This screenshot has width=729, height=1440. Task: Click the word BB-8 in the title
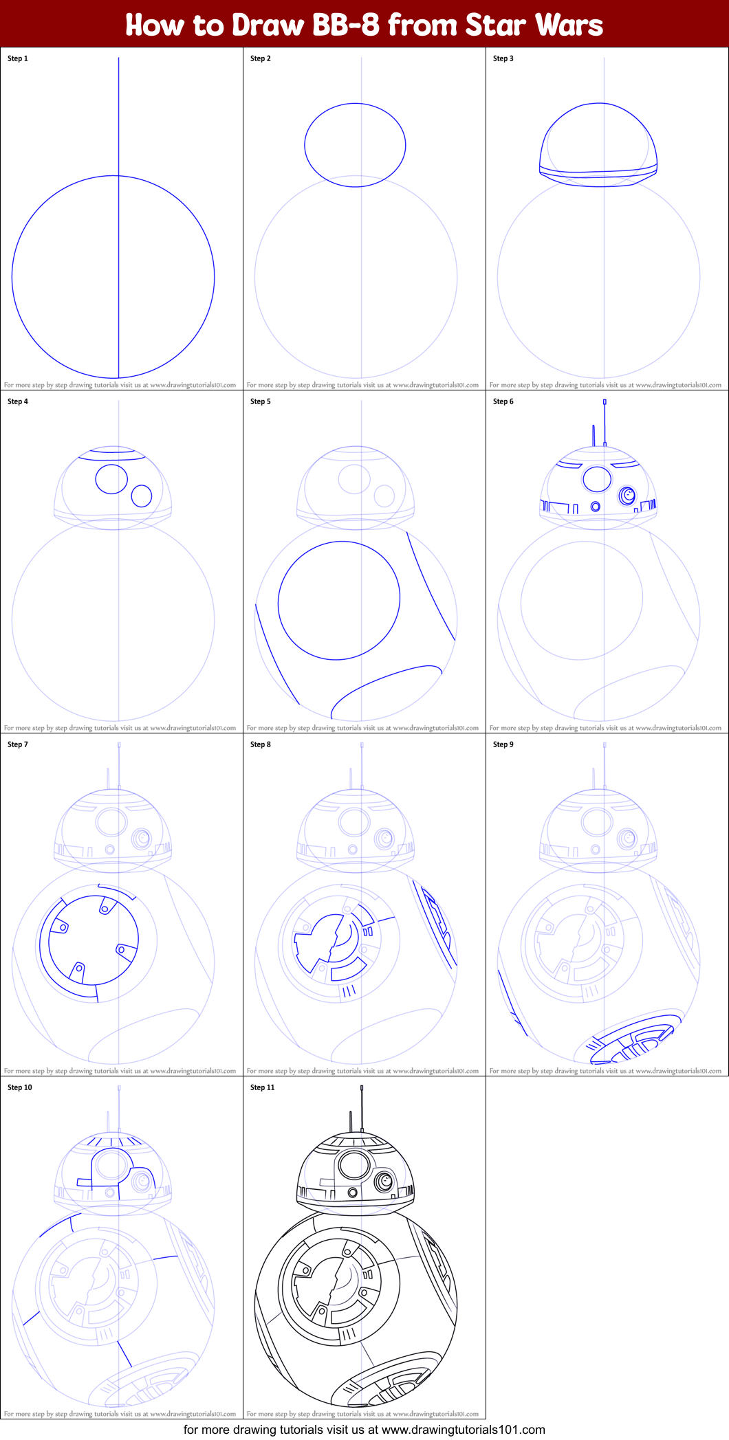346,25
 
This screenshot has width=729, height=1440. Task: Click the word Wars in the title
569,25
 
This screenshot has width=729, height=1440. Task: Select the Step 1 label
18,58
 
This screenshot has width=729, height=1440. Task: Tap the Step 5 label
261,401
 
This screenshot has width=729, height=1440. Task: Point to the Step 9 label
503,744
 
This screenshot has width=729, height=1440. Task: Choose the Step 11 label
263,1087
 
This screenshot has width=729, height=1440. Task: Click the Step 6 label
503,401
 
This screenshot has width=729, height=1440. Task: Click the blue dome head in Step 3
598,104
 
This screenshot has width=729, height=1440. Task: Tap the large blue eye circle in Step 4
111,465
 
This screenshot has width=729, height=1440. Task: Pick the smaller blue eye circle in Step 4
142,485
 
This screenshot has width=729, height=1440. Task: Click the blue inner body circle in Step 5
339,542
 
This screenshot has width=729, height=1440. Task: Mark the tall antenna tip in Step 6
605,401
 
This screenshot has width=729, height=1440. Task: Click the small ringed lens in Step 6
627,495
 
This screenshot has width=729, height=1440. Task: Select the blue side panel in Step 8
438,924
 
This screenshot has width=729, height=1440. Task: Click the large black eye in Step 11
354,1165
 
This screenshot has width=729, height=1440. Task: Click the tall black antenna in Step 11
362,1108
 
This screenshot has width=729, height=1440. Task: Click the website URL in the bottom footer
464,1430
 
